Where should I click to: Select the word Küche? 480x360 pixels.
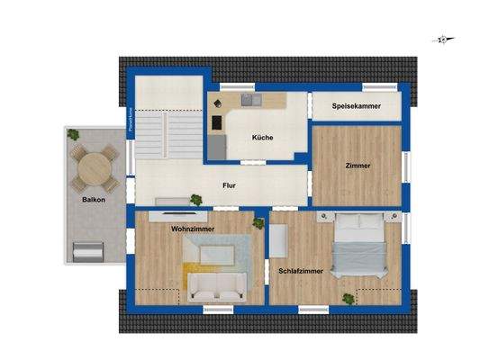(262, 137)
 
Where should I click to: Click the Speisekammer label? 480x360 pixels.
(356, 106)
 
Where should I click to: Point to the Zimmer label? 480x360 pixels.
(357, 166)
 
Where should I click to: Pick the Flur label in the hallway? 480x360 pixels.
(230, 186)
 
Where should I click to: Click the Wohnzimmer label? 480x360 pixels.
(193, 229)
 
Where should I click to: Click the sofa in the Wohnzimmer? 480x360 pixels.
(217, 287)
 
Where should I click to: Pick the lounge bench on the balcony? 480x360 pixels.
(91, 251)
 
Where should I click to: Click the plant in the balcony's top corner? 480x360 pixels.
(73, 135)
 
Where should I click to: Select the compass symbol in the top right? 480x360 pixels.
(443, 40)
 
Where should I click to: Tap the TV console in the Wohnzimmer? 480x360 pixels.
(177, 213)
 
